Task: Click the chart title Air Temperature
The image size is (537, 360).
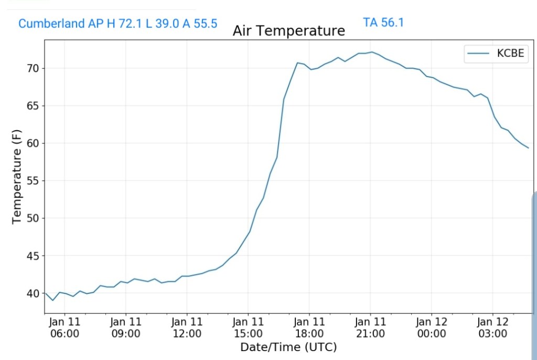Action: (289, 31)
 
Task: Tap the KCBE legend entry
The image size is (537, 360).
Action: (496, 54)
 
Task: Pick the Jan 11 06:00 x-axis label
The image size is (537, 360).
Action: (65, 327)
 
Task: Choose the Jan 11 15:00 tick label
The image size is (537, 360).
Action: (248, 327)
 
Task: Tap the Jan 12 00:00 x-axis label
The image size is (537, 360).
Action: (432, 327)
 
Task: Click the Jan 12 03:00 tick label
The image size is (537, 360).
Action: (492, 327)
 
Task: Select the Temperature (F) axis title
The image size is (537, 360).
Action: (16, 177)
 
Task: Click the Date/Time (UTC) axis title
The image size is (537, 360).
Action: (288, 347)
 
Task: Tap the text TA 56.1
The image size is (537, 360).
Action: (383, 23)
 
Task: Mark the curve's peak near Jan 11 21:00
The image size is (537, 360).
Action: (371, 52)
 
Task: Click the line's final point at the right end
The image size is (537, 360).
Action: (528, 148)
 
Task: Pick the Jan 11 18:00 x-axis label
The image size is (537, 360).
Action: (309, 327)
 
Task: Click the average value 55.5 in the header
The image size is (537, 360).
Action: (206, 24)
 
